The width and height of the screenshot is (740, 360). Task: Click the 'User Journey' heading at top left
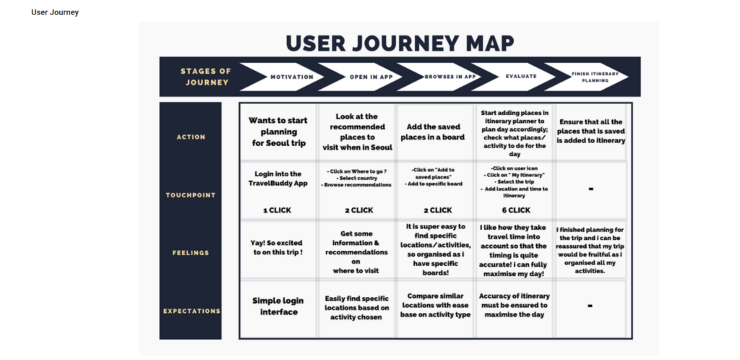[55, 12]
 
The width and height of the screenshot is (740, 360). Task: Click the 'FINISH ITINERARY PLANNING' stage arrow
[590, 77]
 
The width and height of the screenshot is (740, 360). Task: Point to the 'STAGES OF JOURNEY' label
[206, 77]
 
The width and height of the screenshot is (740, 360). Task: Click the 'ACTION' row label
[191, 137]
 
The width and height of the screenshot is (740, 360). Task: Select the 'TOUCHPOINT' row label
[191, 195]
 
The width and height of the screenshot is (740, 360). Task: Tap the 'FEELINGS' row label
[191, 253]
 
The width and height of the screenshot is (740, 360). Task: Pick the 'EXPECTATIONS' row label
[191, 311]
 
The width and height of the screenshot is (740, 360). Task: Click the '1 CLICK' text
[277, 210]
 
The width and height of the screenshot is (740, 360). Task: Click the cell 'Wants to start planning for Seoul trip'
[277, 132]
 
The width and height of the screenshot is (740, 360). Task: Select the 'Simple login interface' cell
[277, 306]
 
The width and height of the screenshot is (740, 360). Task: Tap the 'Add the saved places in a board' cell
[434, 132]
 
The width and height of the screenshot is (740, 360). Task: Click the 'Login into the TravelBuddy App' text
[277, 179]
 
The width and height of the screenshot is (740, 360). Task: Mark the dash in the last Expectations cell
[590, 306]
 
